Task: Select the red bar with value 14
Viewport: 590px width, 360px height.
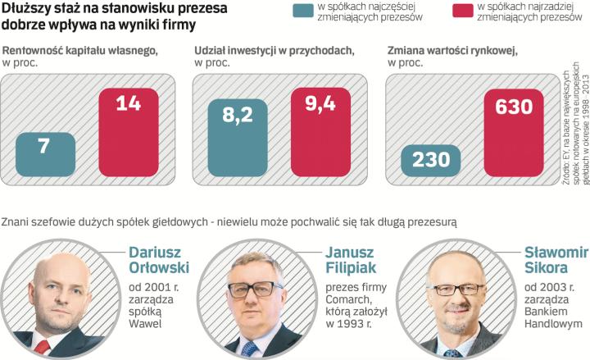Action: coord(127,131)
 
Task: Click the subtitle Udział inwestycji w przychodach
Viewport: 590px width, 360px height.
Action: coord(274,51)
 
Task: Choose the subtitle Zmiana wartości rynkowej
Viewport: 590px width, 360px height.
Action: coord(452,51)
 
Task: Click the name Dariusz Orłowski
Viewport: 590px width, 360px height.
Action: coord(157,262)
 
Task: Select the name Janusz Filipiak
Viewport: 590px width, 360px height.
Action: coord(352,262)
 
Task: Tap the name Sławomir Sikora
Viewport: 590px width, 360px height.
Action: coord(556,262)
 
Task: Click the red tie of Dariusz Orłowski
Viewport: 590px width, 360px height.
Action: coord(43,348)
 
